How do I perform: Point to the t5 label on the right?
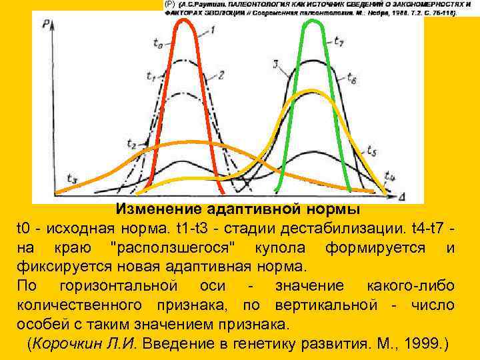[x=372, y=151]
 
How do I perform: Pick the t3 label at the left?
[x=71, y=178]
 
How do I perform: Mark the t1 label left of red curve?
[x=150, y=81]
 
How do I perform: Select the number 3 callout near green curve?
[x=276, y=64]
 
